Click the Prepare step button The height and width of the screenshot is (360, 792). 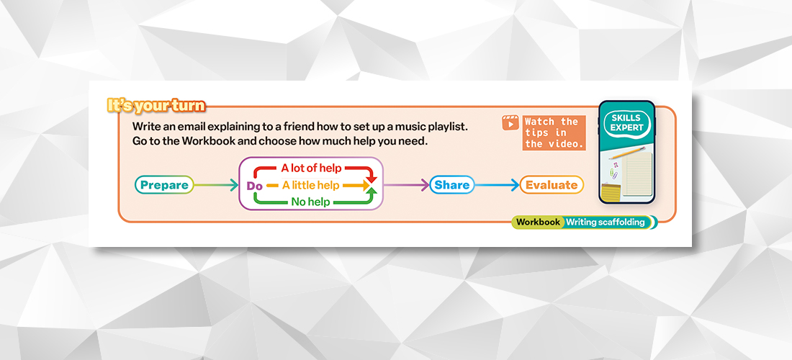[164, 185]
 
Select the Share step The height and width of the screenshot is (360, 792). [452, 185]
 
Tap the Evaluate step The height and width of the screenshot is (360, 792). [551, 185]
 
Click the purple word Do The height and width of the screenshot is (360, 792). [254, 186]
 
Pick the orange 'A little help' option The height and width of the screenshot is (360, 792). [310, 185]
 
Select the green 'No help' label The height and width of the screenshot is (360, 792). [310, 202]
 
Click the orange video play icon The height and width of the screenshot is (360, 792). [510, 123]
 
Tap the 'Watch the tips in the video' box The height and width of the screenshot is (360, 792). [552, 132]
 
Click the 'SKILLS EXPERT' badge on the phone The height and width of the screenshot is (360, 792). [626, 122]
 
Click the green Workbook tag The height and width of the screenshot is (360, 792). [538, 222]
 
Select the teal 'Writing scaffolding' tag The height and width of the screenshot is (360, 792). [606, 222]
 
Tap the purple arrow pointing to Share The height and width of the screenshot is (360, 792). [407, 185]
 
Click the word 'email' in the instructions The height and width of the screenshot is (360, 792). [195, 126]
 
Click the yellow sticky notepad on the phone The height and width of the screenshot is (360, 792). [612, 193]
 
